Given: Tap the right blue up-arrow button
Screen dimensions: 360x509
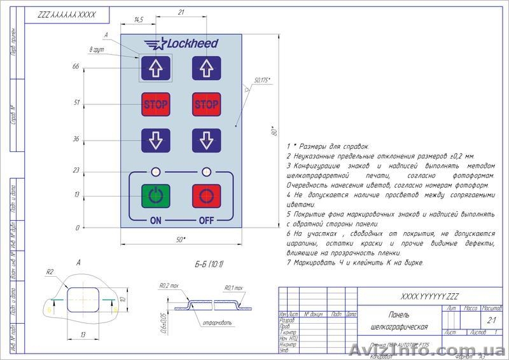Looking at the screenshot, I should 206,67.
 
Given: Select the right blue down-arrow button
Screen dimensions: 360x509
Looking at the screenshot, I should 206,140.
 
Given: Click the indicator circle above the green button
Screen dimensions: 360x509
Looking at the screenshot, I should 156,172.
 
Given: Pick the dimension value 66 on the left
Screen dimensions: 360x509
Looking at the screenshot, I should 76,66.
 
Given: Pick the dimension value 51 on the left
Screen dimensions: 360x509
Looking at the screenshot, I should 76,102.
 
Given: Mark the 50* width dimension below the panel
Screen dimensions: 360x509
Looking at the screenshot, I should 181,239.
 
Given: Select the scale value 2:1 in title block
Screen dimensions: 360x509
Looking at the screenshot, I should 491,321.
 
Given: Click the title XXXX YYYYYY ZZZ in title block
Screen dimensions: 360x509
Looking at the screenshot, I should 431,296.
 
